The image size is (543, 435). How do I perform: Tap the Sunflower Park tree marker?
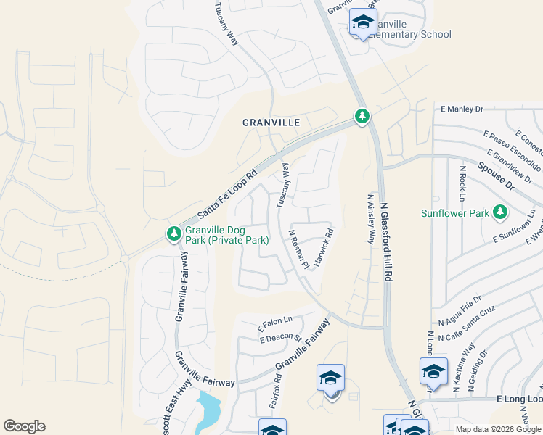tap(499, 212)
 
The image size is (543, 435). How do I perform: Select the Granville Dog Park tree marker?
tap(173, 233)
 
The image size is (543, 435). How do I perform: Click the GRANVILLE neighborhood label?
tap(271, 123)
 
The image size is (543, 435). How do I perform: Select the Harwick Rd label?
tap(322, 246)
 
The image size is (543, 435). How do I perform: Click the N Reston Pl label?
tap(299, 250)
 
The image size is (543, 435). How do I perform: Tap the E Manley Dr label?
tap(462, 109)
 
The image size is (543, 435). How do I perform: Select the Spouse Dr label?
tap(495, 176)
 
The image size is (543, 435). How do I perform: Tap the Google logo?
tap(24, 426)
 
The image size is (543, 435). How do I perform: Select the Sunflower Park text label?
tap(454, 213)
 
